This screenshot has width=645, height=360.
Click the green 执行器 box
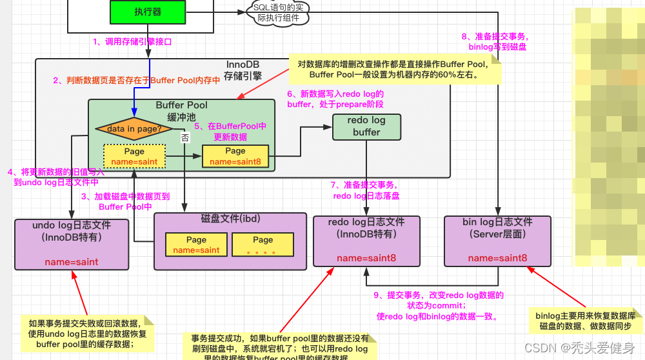pyautogui.click(x=148, y=12)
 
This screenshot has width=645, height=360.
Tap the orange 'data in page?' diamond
pyautogui.click(x=134, y=128)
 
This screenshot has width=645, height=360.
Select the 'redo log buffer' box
pyautogui.click(x=366, y=126)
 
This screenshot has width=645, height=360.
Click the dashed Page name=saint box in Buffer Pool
pyautogui.click(x=134, y=157)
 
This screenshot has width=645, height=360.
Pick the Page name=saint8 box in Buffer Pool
pyautogui.click(x=235, y=156)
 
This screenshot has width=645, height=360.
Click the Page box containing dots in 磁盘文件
pyautogui.click(x=263, y=245)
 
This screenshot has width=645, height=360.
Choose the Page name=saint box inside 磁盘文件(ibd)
pyautogui.click(x=196, y=245)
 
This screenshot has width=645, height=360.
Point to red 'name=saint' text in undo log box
pyautogui.click(x=71, y=262)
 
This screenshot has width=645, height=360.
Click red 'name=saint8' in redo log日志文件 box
pyautogui.click(x=366, y=258)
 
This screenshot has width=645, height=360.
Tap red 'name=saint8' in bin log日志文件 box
pyautogui.click(x=497, y=258)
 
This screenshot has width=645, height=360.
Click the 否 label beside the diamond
pyautogui.click(x=185, y=137)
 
